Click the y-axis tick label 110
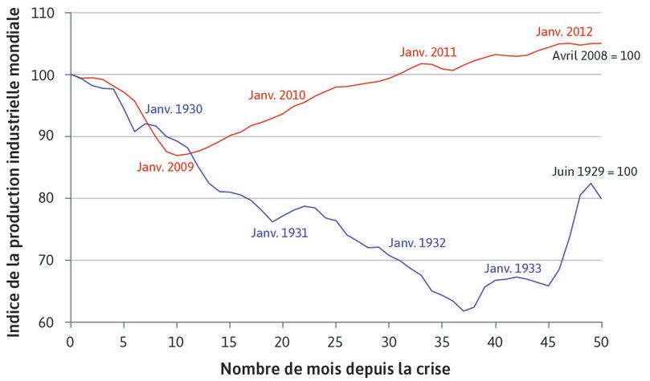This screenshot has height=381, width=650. click(x=49, y=14)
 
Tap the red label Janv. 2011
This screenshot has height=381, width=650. click(x=428, y=52)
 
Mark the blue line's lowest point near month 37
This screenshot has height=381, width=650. click(x=464, y=310)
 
